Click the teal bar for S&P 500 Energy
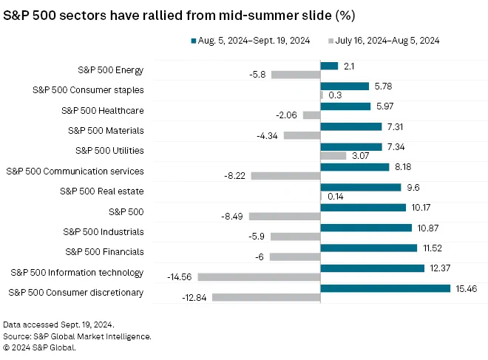point(329,66)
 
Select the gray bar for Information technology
point(259,277)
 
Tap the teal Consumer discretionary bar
point(385,288)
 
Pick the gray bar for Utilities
point(333,155)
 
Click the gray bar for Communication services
point(285,176)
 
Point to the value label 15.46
point(467,289)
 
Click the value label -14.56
point(179,277)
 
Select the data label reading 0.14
point(336,197)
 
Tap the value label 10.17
point(421,208)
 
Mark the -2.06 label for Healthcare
point(286,115)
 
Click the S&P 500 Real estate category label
point(102,191)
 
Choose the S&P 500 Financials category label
point(104,252)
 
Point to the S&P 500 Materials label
point(106,130)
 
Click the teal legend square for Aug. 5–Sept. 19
point(194,41)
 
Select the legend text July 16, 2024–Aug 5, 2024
point(387,41)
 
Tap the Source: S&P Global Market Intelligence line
point(77,336)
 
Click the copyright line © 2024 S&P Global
point(39,347)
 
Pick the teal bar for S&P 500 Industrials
point(366,228)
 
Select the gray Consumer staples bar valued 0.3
point(322,95)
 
